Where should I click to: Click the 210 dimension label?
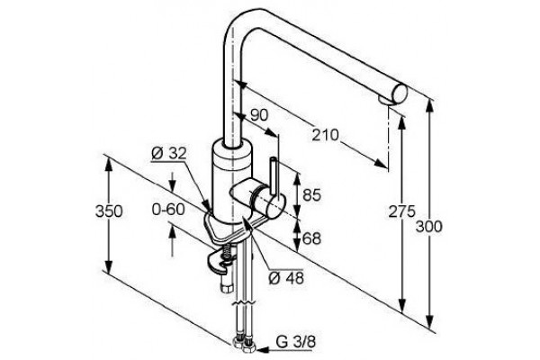pos(326,135)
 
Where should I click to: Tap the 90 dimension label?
pos(258,115)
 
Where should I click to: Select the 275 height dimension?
pos(402,211)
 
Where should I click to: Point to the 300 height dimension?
pos(428,227)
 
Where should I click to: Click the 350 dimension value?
pos(109,211)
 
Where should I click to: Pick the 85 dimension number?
pos(311,195)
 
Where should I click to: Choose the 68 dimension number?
pos(311,238)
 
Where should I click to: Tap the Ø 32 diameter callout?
pos(169,153)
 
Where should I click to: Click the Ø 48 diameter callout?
pos(286,278)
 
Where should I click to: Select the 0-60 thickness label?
pos(168,209)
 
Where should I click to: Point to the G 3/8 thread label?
pos(295,342)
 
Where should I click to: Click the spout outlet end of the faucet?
pos(400,94)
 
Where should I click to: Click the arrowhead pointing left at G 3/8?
pos(261,350)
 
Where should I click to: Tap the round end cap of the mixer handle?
pos(274,207)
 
